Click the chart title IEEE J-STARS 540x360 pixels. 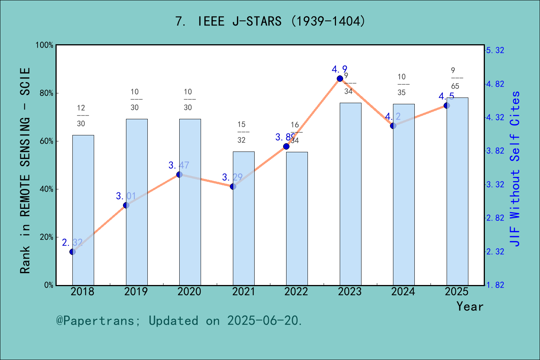(x=270, y=21)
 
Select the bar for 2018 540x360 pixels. (x=83, y=210)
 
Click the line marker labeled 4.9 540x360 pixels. (x=340, y=78)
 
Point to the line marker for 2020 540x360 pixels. (x=179, y=174)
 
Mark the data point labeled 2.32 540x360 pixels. (x=72, y=252)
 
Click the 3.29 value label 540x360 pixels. (x=232, y=177)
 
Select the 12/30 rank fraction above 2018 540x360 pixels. (x=81, y=115)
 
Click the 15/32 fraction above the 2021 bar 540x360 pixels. (x=241, y=132)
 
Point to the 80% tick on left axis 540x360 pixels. (x=46, y=93)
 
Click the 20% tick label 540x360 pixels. (x=46, y=237)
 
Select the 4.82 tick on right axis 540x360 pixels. (x=495, y=84)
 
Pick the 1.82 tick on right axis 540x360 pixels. (x=495, y=285)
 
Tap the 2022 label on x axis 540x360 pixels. (x=296, y=292)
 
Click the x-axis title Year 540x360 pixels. (x=469, y=306)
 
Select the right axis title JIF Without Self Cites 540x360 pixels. (x=515, y=169)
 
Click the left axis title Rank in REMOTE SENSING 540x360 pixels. (x=25, y=171)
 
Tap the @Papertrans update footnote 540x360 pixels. (x=179, y=321)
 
